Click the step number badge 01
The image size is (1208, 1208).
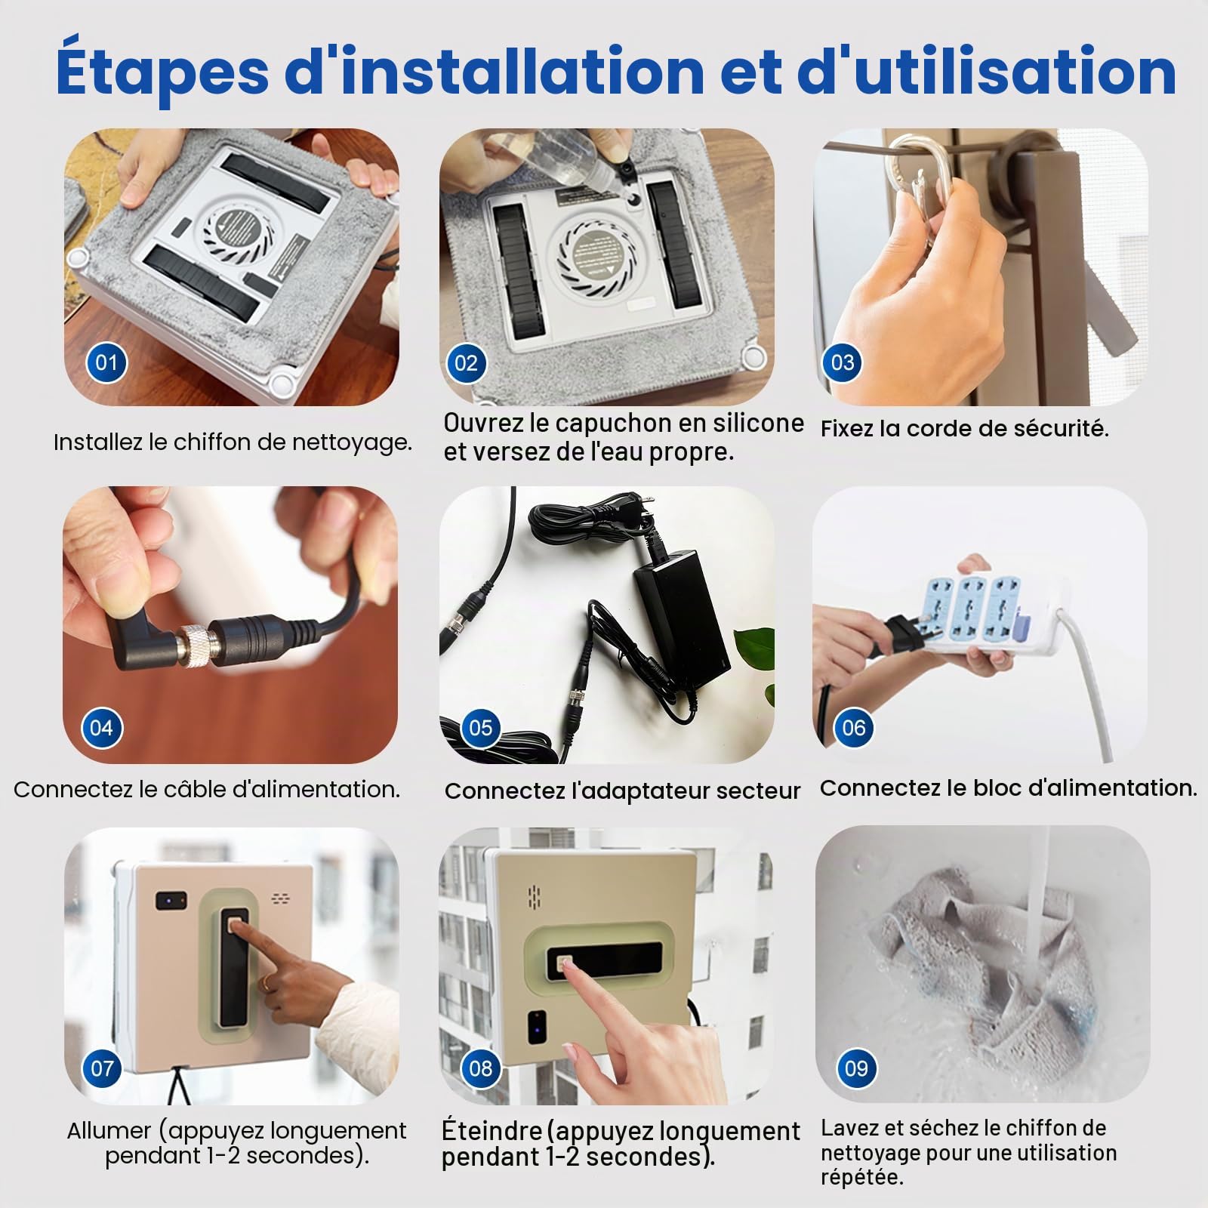[x=106, y=362]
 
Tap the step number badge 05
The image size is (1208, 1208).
[x=480, y=728]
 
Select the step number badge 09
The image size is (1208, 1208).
[x=856, y=1068]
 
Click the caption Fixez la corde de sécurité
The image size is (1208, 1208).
[x=964, y=429]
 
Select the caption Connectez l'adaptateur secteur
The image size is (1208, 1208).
[x=622, y=791]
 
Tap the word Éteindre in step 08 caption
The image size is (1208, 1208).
[x=492, y=1130]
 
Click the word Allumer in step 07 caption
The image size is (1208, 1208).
[x=110, y=1130]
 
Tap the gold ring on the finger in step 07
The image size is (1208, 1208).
[x=268, y=981]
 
